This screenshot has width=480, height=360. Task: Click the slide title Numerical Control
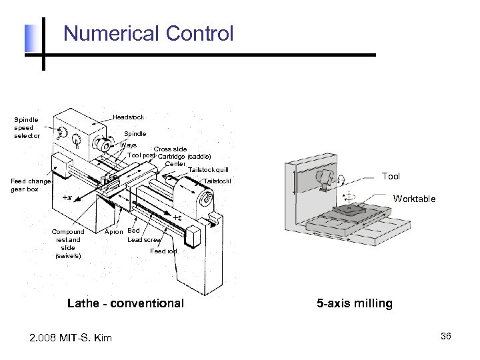[x=149, y=33]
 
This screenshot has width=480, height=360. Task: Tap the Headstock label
[x=128, y=117]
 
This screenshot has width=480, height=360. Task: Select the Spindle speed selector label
[x=27, y=127]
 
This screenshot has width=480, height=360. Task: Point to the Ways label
[x=128, y=145]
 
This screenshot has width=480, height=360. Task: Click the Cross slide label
[x=170, y=149]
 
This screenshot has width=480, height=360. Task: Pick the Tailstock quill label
[x=208, y=170]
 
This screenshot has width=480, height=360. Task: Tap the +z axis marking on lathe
[x=177, y=218]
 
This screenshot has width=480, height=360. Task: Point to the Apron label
[x=114, y=232]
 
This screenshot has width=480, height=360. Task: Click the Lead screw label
[x=144, y=240]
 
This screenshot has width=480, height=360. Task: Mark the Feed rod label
[x=163, y=251]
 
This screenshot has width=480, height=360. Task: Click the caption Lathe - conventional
[x=125, y=303]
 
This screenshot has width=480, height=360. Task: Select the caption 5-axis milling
[x=355, y=303]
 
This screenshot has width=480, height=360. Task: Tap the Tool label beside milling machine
[x=391, y=176]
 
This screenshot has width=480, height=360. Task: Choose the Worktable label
[x=414, y=199]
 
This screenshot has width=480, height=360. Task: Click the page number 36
[x=446, y=336]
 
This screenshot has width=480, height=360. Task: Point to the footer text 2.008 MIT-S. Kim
[x=71, y=337]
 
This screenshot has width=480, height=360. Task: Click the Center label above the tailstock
[x=175, y=164]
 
